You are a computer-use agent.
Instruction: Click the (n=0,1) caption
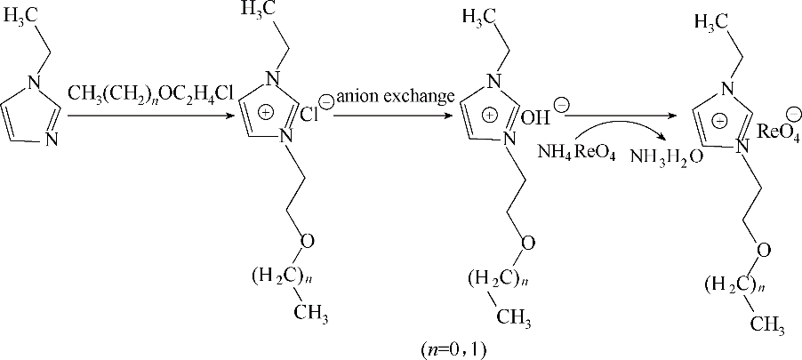click(x=453, y=349)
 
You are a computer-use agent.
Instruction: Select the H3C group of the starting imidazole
click(x=21, y=17)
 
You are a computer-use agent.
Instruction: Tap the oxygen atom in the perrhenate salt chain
click(x=763, y=251)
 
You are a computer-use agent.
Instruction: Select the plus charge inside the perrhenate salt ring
click(x=719, y=122)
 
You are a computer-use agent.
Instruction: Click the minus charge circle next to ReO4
click(x=794, y=113)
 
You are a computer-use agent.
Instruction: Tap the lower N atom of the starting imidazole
click(x=52, y=139)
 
